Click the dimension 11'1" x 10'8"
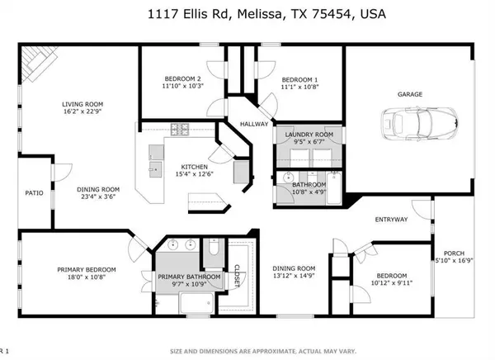pos(299,86)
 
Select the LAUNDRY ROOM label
pos(309,134)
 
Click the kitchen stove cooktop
pos(179,129)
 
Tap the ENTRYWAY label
pos(391,220)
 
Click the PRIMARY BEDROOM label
pos(87,270)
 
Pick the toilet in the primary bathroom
pos(211,252)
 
